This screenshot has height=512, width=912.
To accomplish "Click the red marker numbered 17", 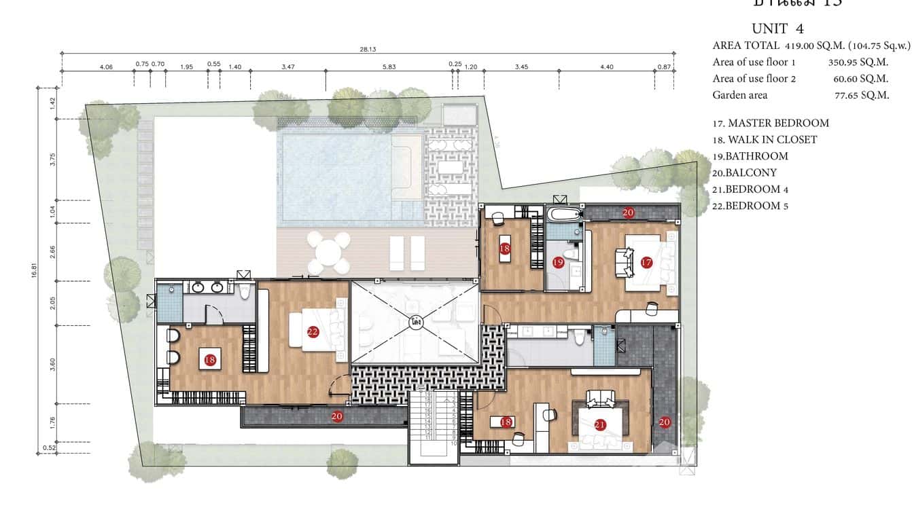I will (646, 262).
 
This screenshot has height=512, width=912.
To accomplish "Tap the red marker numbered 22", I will (313, 332).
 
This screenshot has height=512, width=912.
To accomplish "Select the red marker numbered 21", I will (599, 425).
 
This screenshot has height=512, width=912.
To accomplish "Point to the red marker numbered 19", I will (558, 262).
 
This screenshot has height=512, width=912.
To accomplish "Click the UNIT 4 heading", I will (778, 29).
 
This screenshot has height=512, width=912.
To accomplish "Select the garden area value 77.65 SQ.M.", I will (861, 95).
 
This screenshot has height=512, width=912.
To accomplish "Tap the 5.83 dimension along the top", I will (389, 66).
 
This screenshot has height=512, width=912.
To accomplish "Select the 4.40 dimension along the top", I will (607, 66).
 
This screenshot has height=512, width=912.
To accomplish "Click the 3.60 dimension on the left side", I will (52, 364).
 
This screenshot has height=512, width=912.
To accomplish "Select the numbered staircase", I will (433, 425).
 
